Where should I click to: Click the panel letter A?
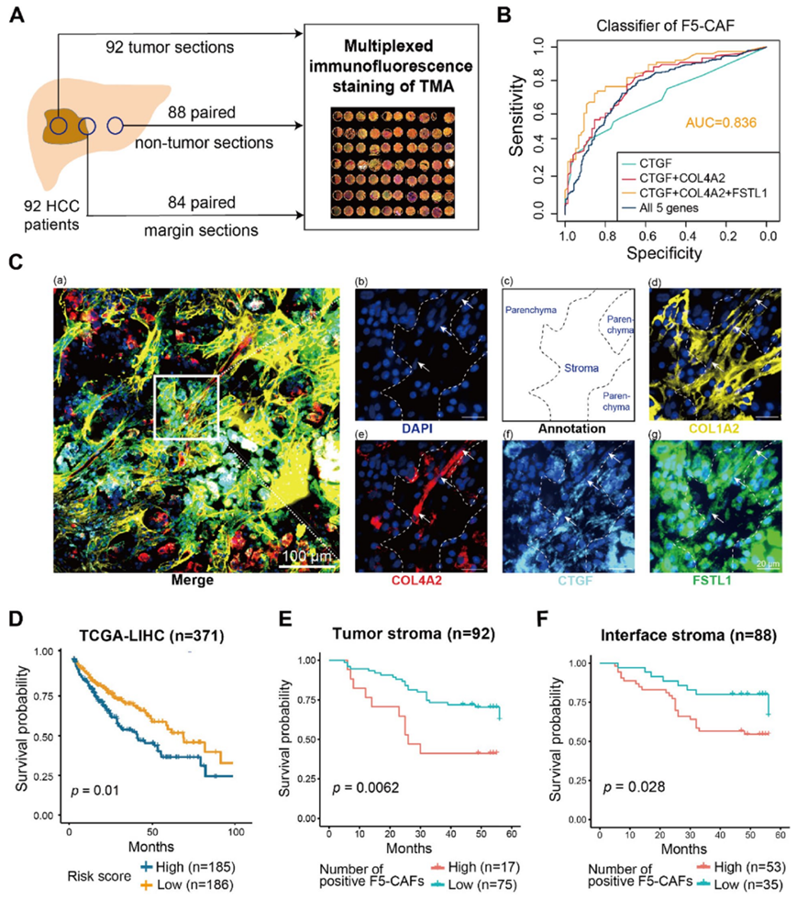19,17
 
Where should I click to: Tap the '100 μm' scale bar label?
304,556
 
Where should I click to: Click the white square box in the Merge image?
187,407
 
